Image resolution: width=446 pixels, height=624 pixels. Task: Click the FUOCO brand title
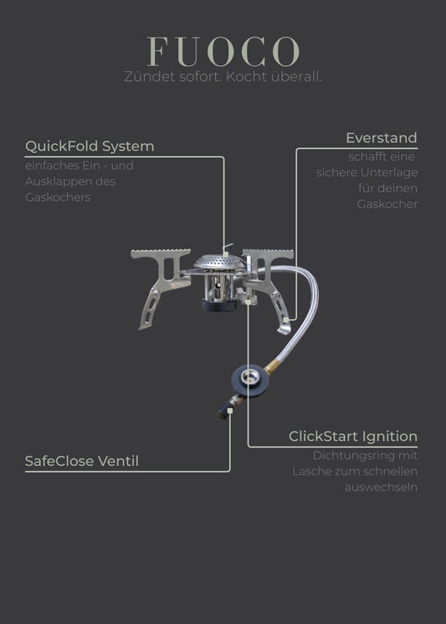[223, 51]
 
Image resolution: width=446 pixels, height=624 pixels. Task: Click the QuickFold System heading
[90, 146]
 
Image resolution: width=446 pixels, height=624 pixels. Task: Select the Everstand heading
[382, 138]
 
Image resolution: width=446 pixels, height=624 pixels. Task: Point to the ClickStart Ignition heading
[353, 436]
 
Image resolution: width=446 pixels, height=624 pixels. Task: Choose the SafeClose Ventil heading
[82, 461]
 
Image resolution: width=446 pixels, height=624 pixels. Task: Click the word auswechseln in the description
[381, 487]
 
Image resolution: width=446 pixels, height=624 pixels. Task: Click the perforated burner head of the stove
[219, 262]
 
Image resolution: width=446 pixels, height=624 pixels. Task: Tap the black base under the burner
[219, 305]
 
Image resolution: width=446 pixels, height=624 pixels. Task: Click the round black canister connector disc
[250, 380]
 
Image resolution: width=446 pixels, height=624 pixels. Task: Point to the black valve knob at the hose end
[223, 411]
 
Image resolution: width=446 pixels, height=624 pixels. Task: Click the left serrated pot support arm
[161, 269]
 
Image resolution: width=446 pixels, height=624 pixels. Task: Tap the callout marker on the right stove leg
[286, 320]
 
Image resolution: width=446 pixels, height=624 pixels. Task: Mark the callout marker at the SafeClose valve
[230, 411]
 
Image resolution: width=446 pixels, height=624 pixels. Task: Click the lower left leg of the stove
[148, 309]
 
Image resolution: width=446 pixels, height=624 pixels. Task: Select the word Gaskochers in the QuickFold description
[58, 197]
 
